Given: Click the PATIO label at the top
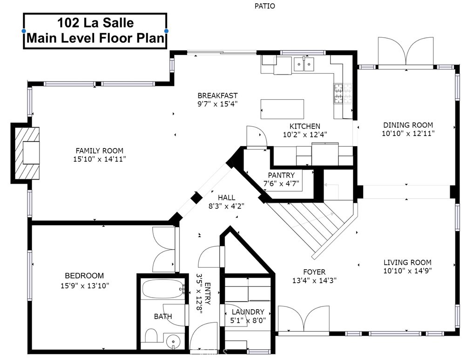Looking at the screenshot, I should click(264, 6).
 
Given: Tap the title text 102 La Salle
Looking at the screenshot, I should click(95, 22).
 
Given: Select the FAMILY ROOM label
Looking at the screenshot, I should click(99, 150).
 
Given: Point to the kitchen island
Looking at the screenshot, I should click(282, 109).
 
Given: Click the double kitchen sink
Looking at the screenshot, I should click(304, 64).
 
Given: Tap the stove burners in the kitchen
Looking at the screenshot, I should click(338, 94).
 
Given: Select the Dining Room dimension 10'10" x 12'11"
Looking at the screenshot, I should click(408, 133).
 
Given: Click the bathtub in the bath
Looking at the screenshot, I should click(163, 289).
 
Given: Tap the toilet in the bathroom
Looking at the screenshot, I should click(151, 336).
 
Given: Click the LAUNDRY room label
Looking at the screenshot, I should click(247, 312).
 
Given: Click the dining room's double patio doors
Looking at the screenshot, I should click(407, 52).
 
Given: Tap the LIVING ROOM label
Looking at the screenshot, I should click(407, 262).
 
